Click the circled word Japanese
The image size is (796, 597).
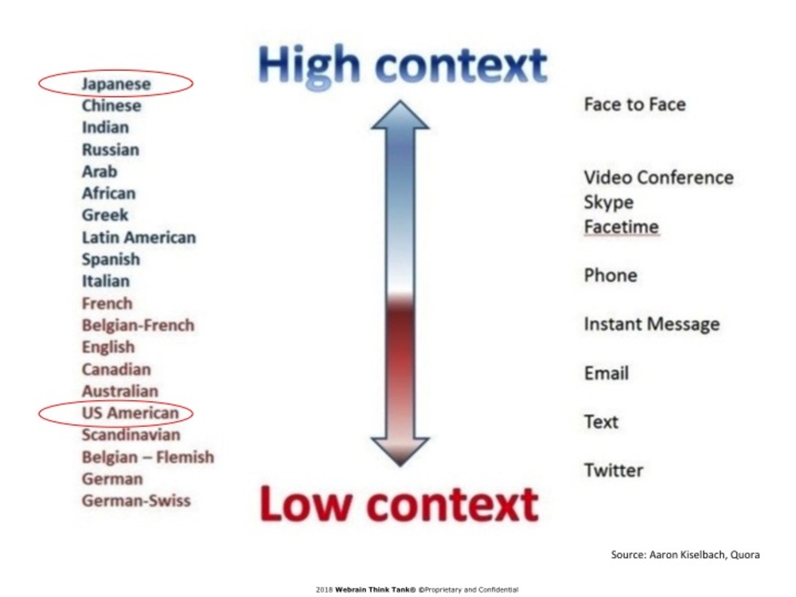click(116, 84)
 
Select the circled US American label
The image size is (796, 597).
click(131, 412)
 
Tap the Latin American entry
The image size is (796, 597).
click(139, 237)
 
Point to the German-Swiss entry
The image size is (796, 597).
click(136, 501)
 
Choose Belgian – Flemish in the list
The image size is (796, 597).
click(148, 457)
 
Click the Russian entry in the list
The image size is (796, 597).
click(110, 150)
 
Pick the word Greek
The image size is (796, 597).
click(105, 215)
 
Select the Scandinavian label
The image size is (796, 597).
click(131, 435)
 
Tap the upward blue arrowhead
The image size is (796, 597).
click(400, 115)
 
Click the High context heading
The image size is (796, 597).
click(402, 65)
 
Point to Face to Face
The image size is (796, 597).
click(634, 104)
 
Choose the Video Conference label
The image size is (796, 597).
click(658, 178)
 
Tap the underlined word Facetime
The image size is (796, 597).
click(621, 226)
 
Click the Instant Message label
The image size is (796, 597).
click(652, 324)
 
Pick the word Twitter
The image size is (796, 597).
click(613, 470)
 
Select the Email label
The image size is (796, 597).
click(606, 373)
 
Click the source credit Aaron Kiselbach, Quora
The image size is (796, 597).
click(685, 554)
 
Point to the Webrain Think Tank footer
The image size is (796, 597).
click(417, 590)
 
